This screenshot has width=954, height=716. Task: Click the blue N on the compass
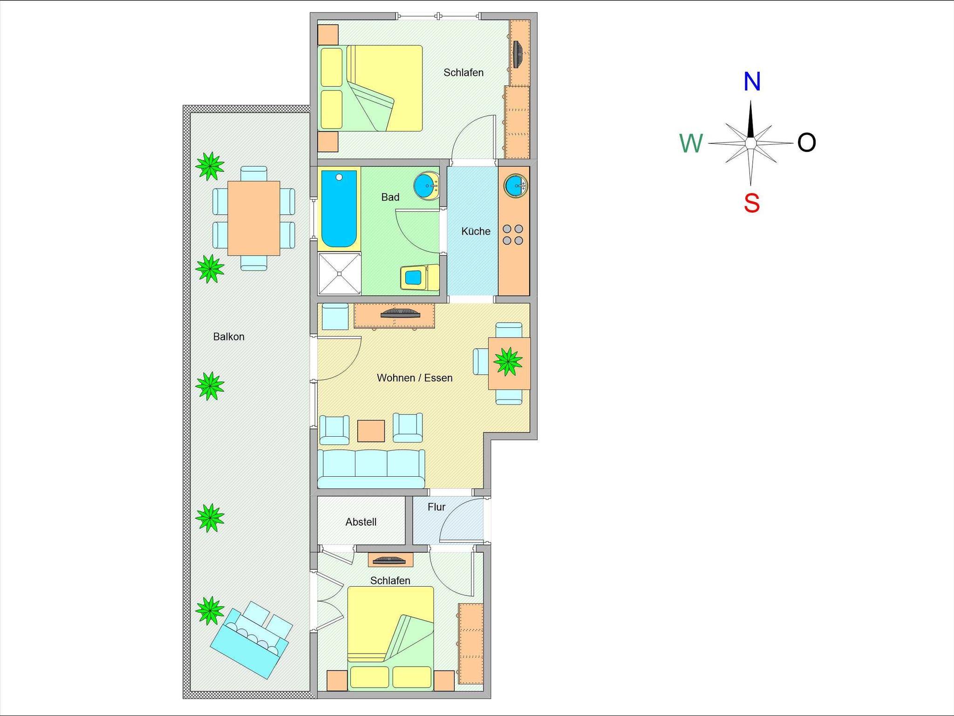coord(752,81)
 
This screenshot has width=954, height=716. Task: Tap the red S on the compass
coord(752,203)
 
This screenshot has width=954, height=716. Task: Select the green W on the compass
coord(691,143)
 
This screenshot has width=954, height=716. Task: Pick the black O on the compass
coord(807,142)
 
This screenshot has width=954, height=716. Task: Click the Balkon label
coord(229,337)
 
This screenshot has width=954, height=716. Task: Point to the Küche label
coord(476,231)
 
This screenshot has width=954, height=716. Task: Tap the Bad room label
coord(390,197)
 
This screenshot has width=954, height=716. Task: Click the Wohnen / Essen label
coord(415,378)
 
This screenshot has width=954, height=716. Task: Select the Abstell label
coord(361,522)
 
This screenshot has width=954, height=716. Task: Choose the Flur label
coord(436,507)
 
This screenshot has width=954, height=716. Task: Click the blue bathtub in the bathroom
coord(339,209)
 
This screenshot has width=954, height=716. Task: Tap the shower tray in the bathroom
coord(340,274)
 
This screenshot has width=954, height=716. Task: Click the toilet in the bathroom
coord(420,277)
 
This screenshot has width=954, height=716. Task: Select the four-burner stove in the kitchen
coord(513,235)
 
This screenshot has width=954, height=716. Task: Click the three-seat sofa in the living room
coord(371,468)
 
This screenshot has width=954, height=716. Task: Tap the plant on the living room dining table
coord(508,361)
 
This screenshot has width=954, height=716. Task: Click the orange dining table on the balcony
coord(253,218)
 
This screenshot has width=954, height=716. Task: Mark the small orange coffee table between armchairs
coord(371,431)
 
